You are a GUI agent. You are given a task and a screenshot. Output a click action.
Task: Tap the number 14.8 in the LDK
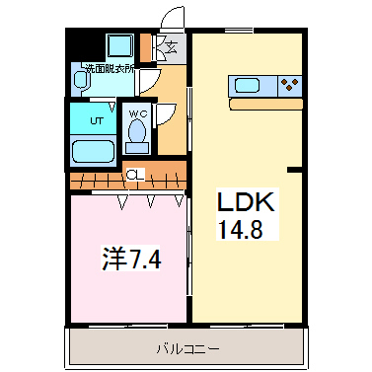tap(243, 230)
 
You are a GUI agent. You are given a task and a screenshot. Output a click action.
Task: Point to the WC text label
tap(138, 113)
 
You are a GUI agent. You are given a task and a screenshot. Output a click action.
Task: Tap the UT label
tap(96, 119)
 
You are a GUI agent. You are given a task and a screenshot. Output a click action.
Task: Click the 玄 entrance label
tap(170, 46)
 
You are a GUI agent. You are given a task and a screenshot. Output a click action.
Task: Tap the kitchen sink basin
tap(246, 85)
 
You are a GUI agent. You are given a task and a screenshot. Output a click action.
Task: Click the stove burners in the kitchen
tap(288, 85)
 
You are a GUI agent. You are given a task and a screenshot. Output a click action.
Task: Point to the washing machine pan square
tap(120, 45)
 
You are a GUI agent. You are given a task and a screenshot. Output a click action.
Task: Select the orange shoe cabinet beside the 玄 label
tap(148, 46)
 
